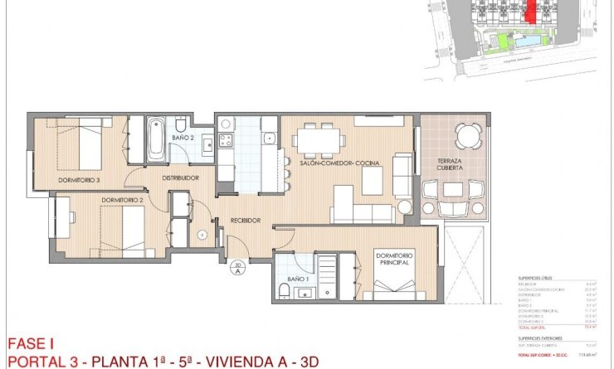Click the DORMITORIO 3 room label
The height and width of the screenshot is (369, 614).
79,180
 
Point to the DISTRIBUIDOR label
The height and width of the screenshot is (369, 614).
180,177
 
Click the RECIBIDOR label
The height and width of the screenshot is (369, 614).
246,220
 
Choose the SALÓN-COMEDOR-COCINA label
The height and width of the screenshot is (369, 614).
339,163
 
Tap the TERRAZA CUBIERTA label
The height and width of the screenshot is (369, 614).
450,163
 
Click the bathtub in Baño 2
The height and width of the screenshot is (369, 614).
155,138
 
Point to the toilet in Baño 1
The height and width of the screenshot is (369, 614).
284,289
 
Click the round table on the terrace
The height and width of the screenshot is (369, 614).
466,135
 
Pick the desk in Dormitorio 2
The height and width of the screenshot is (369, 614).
63,218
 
